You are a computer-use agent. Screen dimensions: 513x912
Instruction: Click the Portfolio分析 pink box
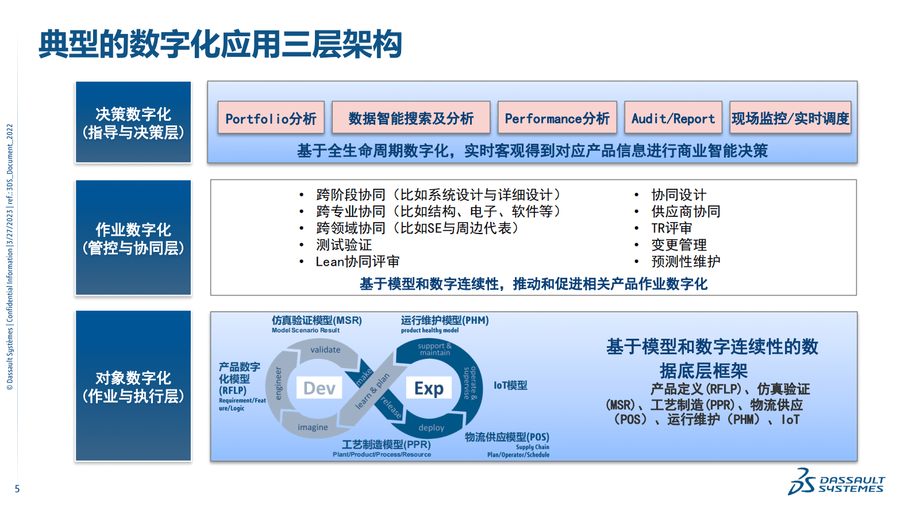pos(271,118)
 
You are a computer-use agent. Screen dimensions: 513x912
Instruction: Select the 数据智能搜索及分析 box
pos(411,118)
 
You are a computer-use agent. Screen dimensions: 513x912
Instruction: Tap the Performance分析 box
pos(557,118)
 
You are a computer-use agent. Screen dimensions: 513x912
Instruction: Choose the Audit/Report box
pos(673,118)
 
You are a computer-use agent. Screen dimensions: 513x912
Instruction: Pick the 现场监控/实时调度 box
pos(790,118)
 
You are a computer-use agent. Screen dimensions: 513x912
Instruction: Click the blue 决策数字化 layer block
pos(133,122)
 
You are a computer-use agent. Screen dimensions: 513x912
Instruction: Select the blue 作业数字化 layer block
pos(133,238)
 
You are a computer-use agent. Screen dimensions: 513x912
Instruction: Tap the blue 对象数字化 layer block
pos(133,386)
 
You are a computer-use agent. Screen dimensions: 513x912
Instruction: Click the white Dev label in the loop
pos(319,388)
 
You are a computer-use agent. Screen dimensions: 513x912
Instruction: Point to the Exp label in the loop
pos(429,388)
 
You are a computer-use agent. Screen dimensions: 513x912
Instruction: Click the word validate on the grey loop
pos(325,350)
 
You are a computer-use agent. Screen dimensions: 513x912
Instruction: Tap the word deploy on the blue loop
pos(431,428)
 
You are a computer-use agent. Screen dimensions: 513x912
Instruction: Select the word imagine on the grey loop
pos(313,427)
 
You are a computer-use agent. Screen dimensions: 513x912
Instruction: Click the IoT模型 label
pos(510,385)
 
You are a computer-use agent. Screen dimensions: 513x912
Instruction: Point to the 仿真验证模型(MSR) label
pos(317,320)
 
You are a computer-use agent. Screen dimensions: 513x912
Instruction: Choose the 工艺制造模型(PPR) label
pos(386,445)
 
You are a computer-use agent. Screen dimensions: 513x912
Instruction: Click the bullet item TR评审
pos(671,228)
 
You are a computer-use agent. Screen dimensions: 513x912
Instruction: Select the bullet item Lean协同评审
pos(357,262)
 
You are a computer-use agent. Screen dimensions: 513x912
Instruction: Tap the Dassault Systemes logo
pos(836,481)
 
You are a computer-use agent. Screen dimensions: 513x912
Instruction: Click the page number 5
pos(17,489)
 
